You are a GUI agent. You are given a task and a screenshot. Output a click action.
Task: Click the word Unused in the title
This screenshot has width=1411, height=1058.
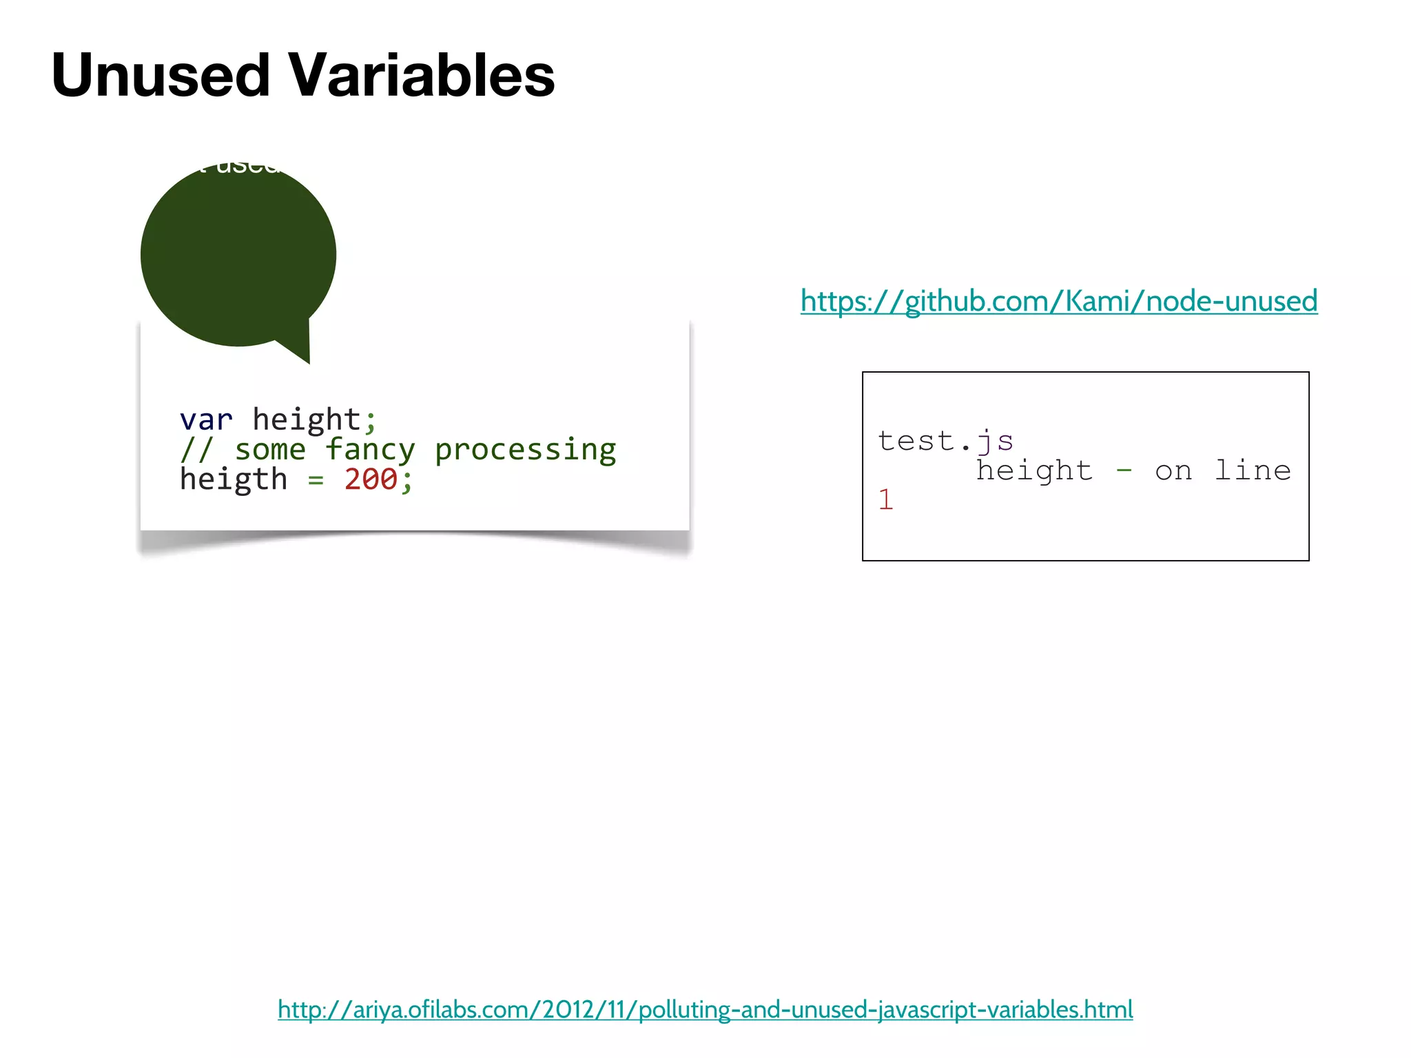(x=161, y=75)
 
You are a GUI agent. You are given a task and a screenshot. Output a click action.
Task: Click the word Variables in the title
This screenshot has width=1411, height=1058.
(x=421, y=75)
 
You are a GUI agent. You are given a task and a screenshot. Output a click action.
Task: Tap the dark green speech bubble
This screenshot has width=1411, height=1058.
(x=238, y=255)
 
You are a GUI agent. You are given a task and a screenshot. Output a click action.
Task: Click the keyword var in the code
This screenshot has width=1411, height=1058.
(x=206, y=419)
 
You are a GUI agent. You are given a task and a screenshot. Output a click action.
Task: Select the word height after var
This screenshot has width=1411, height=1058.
(x=307, y=419)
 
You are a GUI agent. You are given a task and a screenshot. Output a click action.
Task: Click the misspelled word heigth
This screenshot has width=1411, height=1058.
(x=234, y=479)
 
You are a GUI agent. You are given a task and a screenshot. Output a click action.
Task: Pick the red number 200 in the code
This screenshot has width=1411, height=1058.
(x=371, y=479)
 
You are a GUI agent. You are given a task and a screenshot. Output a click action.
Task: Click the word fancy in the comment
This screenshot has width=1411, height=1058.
(x=370, y=450)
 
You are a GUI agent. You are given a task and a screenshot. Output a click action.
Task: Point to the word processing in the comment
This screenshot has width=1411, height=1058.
(x=525, y=450)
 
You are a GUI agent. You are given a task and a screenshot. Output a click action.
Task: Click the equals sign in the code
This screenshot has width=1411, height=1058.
(x=316, y=481)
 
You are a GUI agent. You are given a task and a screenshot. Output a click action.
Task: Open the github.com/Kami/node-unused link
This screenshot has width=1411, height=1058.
(x=1059, y=302)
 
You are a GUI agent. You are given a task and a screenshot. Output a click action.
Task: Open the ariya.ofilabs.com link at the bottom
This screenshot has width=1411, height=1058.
(x=705, y=1010)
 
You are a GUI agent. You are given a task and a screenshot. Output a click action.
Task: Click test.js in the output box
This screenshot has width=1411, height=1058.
(x=945, y=441)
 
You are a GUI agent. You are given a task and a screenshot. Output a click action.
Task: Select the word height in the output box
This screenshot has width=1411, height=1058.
(x=1034, y=471)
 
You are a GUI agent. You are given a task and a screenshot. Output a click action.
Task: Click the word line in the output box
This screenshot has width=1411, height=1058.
(x=1253, y=471)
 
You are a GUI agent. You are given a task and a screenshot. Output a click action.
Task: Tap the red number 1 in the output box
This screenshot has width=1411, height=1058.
(x=886, y=500)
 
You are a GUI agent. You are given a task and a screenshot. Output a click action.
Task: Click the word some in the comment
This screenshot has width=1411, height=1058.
(x=270, y=450)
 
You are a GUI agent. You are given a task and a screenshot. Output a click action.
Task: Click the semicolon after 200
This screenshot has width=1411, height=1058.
(x=407, y=481)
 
